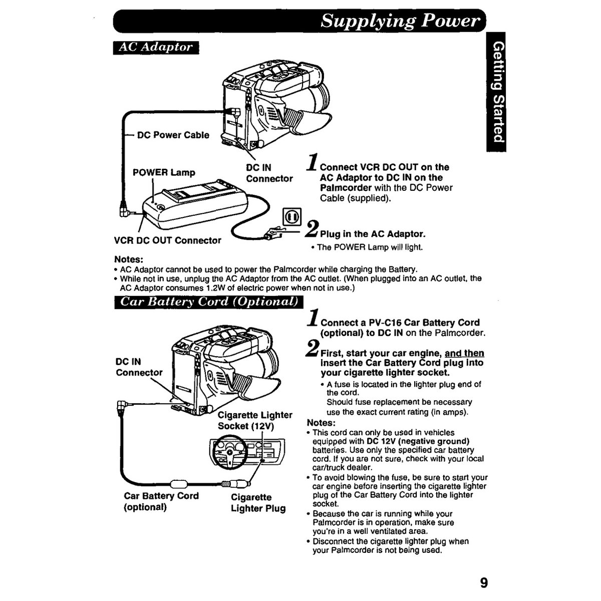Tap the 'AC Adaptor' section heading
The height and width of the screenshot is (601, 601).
point(156,48)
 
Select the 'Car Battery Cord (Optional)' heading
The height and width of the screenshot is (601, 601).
point(209,302)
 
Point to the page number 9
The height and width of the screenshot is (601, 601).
point(484,582)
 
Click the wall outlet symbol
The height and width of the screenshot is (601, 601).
point(292,216)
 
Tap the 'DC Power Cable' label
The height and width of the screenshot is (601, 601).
point(173,135)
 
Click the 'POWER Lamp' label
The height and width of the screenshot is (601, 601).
point(164,172)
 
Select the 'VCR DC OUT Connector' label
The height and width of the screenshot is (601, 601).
point(167,240)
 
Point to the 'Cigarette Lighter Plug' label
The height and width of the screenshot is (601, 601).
point(258,502)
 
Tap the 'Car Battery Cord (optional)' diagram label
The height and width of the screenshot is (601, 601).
point(161,501)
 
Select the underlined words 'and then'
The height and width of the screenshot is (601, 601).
point(464,353)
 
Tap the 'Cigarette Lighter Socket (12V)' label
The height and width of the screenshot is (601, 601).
point(255,420)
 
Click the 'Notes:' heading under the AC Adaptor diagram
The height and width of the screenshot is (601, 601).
point(129,259)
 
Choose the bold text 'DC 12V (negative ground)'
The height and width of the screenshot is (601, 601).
point(418,441)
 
